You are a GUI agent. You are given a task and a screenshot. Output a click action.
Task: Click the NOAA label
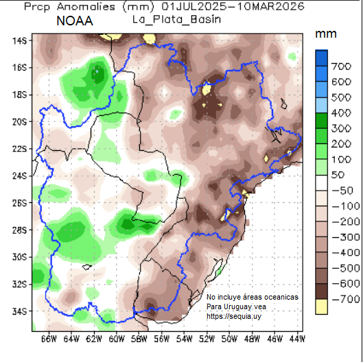(75, 21)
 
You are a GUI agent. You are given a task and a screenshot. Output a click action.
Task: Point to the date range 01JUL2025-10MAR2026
(218, 7)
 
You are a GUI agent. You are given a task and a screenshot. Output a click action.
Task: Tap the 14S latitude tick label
(19, 40)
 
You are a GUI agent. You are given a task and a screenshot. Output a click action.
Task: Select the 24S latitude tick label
(19, 176)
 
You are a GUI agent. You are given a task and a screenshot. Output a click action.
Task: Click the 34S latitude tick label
(19, 311)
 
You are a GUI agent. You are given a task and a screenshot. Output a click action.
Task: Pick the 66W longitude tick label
(49, 339)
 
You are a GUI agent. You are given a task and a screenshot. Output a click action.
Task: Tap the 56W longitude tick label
(161, 339)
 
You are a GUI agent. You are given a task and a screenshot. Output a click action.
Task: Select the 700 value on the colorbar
(342, 67)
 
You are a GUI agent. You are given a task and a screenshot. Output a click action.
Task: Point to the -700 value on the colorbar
(340, 299)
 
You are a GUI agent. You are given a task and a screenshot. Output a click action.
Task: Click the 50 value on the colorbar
(339, 175)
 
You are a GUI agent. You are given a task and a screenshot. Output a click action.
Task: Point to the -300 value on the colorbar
(340, 237)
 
